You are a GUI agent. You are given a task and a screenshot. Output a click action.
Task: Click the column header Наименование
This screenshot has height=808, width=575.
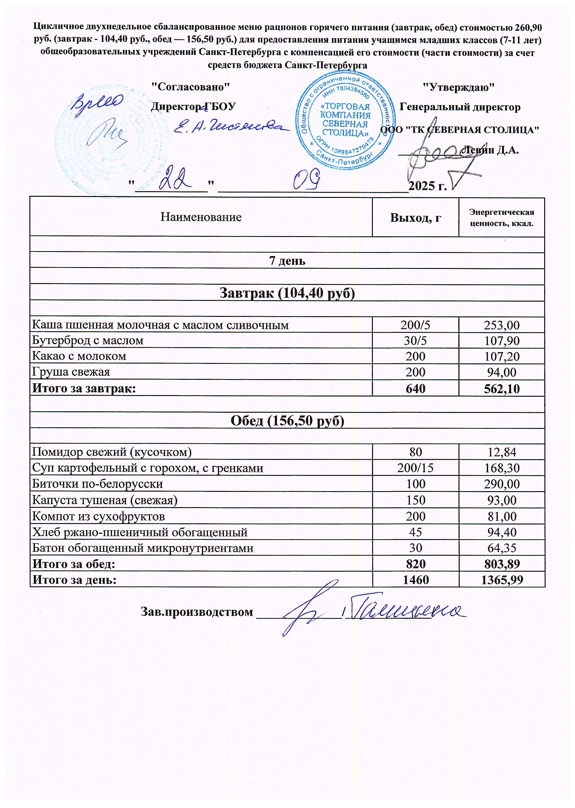coord(201,217)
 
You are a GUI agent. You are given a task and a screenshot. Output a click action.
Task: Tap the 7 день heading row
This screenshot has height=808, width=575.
coord(287,260)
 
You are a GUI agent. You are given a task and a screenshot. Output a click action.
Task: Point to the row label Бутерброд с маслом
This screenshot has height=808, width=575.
coord(88,340)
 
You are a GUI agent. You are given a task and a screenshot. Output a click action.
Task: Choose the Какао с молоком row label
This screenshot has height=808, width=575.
coord(79,356)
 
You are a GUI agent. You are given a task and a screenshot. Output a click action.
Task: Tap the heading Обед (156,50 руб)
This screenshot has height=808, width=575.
coord(287,421)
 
